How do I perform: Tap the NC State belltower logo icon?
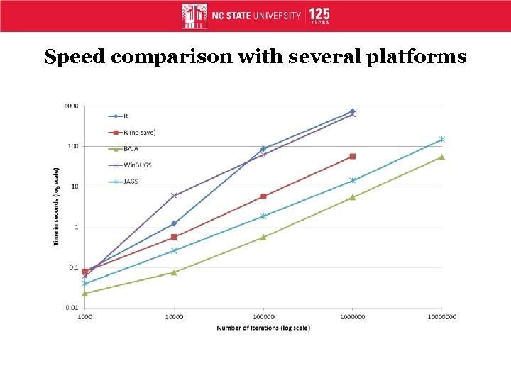194,16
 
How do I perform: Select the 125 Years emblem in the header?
319,16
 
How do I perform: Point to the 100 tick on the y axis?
72,146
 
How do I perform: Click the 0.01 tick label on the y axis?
71,308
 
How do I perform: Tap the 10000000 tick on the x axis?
441,317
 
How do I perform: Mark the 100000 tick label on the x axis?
263,317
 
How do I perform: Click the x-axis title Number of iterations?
263,328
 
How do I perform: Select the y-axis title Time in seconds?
56,207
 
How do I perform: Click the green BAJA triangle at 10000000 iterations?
441,157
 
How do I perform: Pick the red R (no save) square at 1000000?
353,156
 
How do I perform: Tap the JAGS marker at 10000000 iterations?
441,139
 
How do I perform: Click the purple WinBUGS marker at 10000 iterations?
175,196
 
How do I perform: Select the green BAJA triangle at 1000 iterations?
85,293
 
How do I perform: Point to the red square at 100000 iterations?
263,196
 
